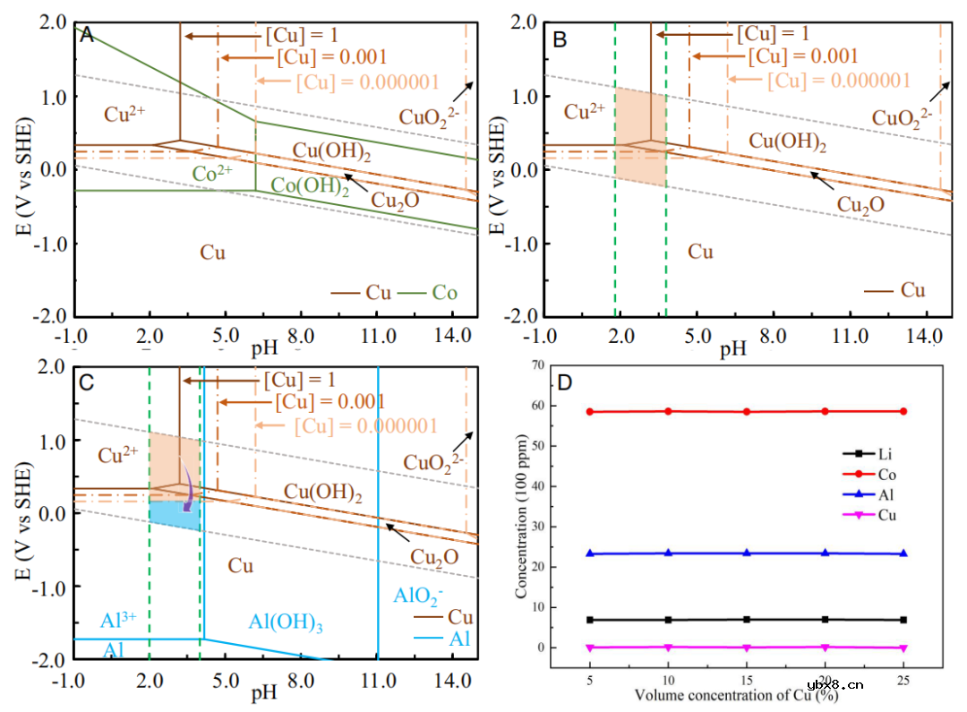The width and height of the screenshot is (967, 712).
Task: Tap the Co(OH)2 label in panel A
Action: click(x=310, y=186)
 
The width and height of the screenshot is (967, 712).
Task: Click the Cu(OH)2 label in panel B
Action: click(x=787, y=141)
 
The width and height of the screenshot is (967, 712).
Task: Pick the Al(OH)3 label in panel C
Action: click(x=286, y=622)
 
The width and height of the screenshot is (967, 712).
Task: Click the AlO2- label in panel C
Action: click(x=419, y=596)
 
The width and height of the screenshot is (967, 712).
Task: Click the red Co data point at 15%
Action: click(x=747, y=412)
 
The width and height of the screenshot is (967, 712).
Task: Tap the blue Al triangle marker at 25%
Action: click(x=903, y=553)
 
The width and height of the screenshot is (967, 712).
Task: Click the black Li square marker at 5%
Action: click(x=590, y=620)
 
